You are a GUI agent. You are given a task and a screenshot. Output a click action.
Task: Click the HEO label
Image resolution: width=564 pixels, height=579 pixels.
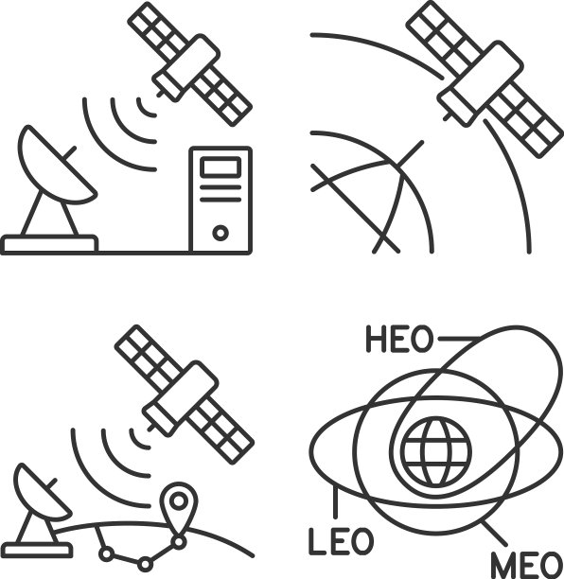399,339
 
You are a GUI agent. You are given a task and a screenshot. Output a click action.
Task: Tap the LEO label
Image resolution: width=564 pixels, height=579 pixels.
341,541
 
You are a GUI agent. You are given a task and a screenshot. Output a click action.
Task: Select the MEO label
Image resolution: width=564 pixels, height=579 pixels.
527,565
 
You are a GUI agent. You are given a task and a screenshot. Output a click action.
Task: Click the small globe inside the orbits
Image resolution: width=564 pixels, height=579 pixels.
436,451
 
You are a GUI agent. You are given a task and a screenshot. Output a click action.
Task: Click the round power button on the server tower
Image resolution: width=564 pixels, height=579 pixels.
220,233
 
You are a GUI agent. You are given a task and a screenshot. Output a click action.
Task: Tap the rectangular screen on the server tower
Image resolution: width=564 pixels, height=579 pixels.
220,167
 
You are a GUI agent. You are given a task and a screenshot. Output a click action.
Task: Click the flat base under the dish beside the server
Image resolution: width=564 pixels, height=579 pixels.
49,244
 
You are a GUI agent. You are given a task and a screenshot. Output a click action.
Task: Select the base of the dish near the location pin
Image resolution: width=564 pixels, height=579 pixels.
37,551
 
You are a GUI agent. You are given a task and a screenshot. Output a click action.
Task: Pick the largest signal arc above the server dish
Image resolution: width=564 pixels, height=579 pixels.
107,148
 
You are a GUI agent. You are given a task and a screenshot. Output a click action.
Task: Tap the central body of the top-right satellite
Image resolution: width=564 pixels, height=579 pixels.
480,83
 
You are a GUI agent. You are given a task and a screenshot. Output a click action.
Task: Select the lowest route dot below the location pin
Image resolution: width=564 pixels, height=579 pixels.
145,565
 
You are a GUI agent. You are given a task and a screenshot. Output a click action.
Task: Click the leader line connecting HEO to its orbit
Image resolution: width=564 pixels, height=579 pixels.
459,339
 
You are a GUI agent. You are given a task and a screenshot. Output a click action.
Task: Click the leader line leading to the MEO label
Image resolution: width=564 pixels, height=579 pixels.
494,533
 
